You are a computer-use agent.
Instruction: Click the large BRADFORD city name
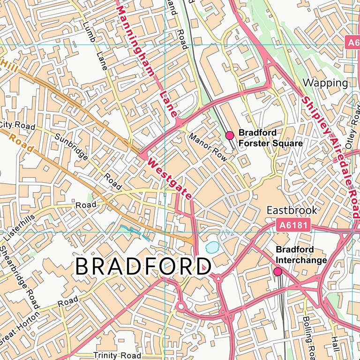pos(141,266)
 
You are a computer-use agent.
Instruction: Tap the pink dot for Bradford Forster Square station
pos(230,135)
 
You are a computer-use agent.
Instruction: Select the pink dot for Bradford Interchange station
pos(277,271)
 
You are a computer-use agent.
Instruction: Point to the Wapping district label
pos(326,83)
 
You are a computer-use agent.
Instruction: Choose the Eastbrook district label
pos(292,210)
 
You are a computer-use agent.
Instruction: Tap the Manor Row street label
pos(208,148)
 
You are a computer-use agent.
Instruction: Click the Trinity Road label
pos(117,355)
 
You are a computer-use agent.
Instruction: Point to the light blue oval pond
pos(212,246)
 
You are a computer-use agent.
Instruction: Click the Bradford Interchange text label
pos(301,254)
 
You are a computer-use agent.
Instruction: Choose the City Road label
pos(17,125)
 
